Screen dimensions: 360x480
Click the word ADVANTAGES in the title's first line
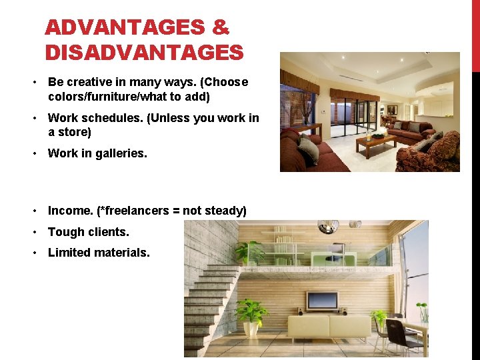[x=125, y=28]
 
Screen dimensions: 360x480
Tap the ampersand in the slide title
[x=221, y=28]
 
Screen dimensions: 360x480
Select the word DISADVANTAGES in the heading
[x=144, y=52]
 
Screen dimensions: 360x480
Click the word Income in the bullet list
[x=70, y=211]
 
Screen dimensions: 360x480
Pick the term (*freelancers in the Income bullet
[x=131, y=211]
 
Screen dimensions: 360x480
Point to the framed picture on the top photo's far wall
[x=392, y=110]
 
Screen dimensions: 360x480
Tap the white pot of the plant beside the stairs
[x=251, y=329]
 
